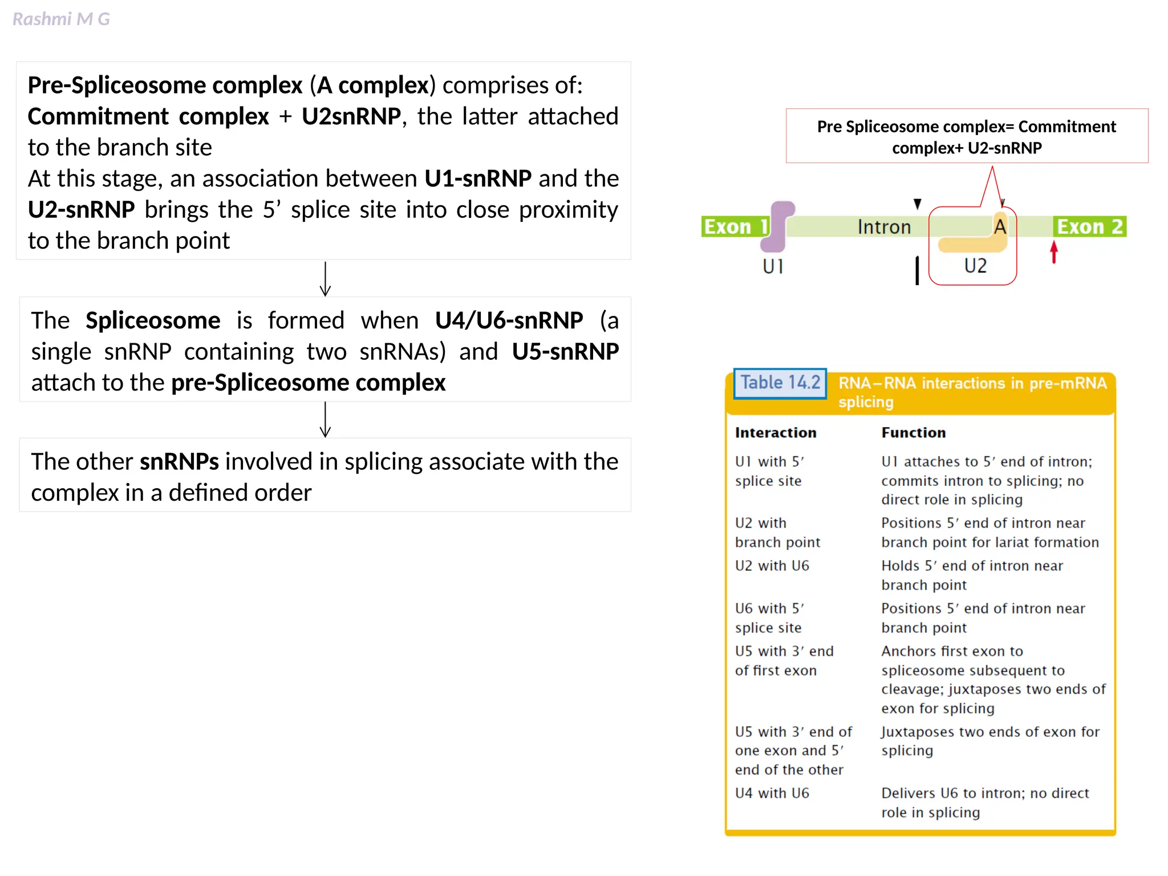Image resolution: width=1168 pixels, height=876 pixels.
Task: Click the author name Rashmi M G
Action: coord(61,19)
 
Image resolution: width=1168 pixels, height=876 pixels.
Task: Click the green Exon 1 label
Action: coord(735,227)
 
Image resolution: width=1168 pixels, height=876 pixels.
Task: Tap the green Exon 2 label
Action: coord(1089,227)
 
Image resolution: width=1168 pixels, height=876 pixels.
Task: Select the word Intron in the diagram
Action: coord(884,227)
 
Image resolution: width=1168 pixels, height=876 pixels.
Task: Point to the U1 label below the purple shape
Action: coord(773,266)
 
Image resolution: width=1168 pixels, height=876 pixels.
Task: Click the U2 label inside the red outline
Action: coord(975,266)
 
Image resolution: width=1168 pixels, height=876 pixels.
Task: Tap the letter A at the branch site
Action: coord(1000,227)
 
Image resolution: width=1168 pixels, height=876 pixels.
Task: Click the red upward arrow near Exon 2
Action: coord(1054,252)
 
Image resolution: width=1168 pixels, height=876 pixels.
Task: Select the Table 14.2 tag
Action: coord(780,383)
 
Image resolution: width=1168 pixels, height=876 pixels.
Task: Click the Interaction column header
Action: coord(776,433)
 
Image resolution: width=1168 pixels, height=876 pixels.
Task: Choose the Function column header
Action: coord(913,433)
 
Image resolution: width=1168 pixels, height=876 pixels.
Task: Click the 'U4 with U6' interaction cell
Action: coord(772,793)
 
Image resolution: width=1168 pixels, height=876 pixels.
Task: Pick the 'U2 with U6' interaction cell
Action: coord(772,566)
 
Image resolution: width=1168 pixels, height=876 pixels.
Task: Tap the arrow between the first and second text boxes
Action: coord(325,279)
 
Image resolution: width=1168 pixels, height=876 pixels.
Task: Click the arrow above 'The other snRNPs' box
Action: coord(325,420)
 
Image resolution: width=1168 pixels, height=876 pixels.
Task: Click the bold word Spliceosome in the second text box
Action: coord(153,321)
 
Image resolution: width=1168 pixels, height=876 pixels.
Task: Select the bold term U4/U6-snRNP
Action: coord(509,321)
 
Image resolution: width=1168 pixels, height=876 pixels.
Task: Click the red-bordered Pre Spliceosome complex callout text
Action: coord(967,137)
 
